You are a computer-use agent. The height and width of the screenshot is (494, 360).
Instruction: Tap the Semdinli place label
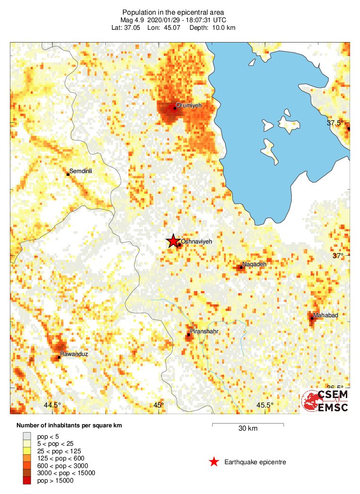pos(81,171)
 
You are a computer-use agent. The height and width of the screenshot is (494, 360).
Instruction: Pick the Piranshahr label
pos(204,331)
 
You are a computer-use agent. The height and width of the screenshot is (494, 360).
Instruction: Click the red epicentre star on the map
pos(173,241)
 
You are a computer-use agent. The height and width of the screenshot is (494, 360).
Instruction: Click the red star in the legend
pos(214,462)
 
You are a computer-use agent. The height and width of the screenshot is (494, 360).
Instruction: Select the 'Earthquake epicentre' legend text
pos(255,462)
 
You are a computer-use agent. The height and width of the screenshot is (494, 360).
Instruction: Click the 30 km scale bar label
pos(248,429)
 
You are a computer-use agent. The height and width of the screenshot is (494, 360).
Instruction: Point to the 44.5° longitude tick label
pos(52,405)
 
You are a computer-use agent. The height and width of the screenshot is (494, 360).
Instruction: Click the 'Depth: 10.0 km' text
pos(212,27)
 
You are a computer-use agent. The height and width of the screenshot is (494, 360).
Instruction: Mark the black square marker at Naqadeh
pos(241,267)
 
